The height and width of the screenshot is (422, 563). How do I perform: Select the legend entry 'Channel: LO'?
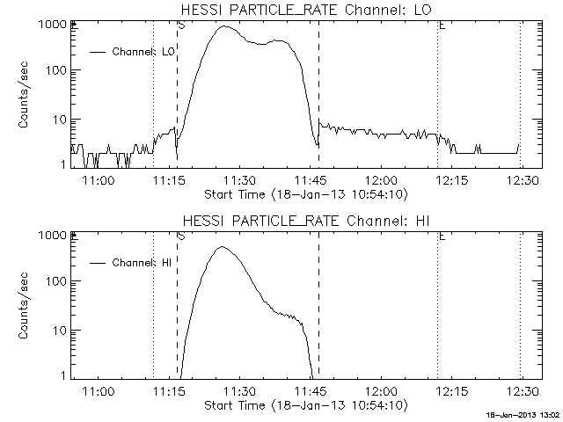(144, 51)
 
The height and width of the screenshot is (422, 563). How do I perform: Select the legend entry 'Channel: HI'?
(145, 262)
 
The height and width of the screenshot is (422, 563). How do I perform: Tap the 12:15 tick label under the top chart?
(451, 180)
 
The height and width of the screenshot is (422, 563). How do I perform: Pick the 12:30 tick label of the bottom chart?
(523, 391)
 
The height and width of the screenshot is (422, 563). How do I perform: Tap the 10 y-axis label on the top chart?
(62, 120)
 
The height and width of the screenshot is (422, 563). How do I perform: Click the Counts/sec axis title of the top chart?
(25, 95)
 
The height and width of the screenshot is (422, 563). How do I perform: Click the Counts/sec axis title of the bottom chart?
(25, 306)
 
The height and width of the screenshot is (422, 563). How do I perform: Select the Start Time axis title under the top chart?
(303, 193)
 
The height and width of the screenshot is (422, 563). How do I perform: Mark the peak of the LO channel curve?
(223, 26)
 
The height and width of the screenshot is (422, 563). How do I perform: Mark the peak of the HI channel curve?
(223, 247)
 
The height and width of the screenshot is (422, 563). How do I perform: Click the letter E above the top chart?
(442, 25)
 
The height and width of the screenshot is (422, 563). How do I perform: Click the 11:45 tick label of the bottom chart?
(310, 391)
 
